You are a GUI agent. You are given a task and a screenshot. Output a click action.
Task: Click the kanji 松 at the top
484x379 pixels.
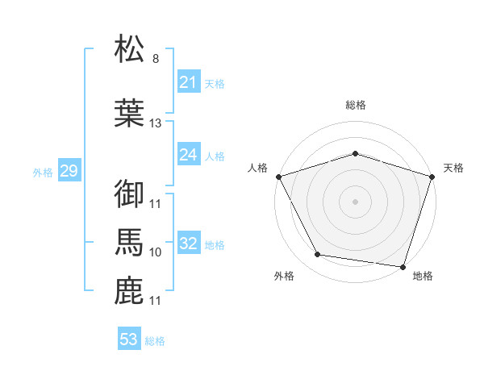(130, 50)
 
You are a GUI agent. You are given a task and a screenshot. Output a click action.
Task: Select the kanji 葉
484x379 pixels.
(130, 113)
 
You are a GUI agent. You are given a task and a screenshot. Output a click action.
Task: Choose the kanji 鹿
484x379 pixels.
(130, 290)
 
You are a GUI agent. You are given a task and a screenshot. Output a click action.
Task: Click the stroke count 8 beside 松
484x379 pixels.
(155, 59)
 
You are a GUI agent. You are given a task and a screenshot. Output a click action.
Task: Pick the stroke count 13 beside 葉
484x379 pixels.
(156, 123)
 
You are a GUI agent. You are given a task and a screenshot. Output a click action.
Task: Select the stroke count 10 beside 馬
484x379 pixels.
(156, 252)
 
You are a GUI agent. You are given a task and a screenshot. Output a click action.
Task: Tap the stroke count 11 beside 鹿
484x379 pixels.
(156, 301)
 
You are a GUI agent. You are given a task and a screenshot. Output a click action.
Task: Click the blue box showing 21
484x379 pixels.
(188, 82)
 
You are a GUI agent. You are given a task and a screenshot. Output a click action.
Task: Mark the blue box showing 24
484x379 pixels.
(188, 155)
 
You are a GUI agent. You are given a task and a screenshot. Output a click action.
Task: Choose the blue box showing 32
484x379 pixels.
(188, 244)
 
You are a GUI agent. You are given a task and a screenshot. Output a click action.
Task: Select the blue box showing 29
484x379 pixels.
(69, 171)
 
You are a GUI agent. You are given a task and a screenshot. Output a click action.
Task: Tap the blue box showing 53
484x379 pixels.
(129, 339)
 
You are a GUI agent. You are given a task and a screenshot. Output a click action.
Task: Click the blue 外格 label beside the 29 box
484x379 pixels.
(43, 172)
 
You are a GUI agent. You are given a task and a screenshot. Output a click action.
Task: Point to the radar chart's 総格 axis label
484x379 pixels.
(356, 106)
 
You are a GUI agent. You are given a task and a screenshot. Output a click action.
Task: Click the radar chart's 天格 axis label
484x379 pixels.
(453, 168)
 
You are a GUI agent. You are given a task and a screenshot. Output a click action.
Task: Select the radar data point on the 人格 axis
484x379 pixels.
(278, 177)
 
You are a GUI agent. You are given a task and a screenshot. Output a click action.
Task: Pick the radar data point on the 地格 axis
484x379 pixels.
(403, 266)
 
